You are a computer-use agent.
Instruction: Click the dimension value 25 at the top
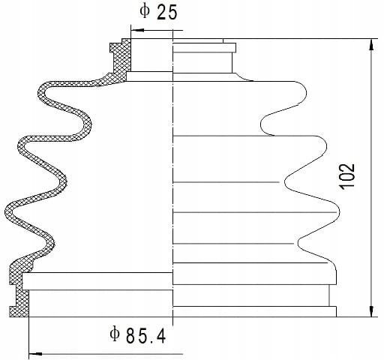coord(166,13)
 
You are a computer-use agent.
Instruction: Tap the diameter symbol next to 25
coord(145,11)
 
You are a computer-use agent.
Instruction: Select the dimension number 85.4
coord(146,336)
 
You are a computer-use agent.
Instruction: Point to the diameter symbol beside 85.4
coord(115,334)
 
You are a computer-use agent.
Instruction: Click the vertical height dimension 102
coord(346,175)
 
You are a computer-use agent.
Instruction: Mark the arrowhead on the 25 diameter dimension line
coord(137,30)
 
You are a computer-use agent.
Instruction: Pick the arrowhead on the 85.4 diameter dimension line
coord(35,354)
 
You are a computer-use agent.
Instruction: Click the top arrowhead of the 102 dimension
coord(371,46)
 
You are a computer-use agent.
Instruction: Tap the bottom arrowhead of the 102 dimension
coord(371,310)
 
